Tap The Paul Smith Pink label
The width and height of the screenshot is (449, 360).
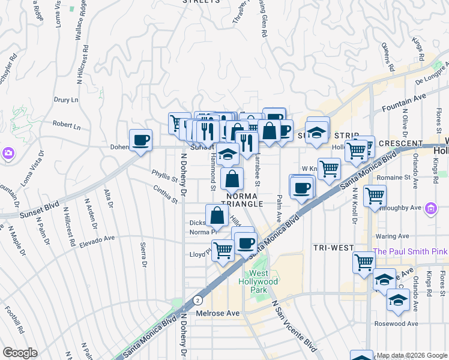pos(411,251)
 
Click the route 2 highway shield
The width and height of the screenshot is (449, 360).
pos(197,299)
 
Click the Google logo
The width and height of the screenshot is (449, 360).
pos(20,353)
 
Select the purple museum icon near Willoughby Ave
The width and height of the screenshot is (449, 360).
pos(430,209)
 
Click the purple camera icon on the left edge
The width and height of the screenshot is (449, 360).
pos(8,154)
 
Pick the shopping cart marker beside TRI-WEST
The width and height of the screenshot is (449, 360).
pos(364,262)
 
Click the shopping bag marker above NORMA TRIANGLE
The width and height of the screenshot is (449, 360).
pos(232,178)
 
